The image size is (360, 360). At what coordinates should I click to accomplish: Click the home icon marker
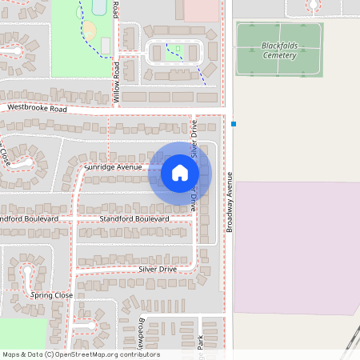coord(180,172)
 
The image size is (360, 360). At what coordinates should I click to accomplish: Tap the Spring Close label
coord(51,295)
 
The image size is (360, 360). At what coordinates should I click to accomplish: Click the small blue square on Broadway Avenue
coord(234,124)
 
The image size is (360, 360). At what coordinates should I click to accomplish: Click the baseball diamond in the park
coord(90,30)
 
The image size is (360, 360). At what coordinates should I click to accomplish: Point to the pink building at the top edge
coord(202,9)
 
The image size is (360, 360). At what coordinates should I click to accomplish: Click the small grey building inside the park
coord(105,46)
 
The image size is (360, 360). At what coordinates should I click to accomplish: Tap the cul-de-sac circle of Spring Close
coord(30,272)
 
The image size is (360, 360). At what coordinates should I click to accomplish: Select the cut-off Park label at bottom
coord(201,342)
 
